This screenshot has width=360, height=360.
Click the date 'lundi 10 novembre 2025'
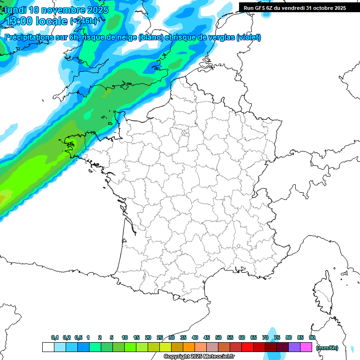[56, 10]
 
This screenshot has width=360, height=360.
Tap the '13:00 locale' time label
[36, 21]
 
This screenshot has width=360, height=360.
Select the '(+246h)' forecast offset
[83, 21]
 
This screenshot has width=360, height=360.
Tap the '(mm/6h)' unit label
[327, 347]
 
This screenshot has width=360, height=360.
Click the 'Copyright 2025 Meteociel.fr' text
[199, 356]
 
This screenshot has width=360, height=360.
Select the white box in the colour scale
[48, 347]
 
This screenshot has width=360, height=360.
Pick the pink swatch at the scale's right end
[306, 347]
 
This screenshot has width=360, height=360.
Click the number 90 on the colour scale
[312, 337]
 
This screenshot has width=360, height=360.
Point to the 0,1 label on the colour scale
[55, 337]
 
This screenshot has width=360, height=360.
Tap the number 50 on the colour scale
[218, 337]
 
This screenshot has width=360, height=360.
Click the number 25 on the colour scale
[160, 337]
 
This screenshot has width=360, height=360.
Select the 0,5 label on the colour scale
[78, 337]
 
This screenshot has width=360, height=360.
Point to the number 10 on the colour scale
[125, 337]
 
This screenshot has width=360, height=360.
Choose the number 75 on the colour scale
[277, 337]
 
